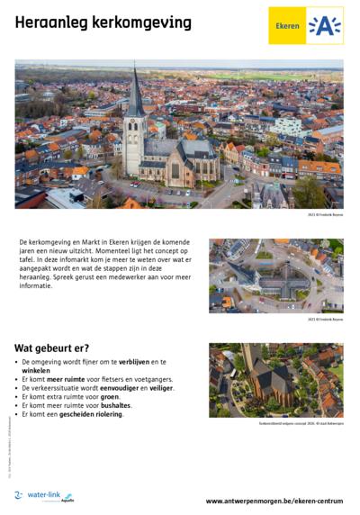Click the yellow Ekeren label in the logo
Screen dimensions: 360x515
coord(287,27)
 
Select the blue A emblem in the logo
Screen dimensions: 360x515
coord(324,26)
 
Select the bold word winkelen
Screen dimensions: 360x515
coord(37,370)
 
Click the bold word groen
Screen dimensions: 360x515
coord(110,397)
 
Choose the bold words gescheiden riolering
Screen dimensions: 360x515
coord(89,415)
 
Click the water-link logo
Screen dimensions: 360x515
coord(45,496)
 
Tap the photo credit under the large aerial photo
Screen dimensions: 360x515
coord(325,214)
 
